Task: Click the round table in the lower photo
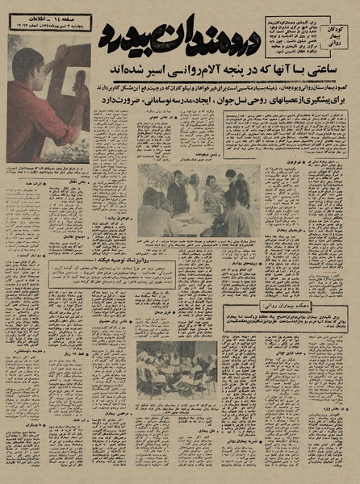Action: pos(174,380)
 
